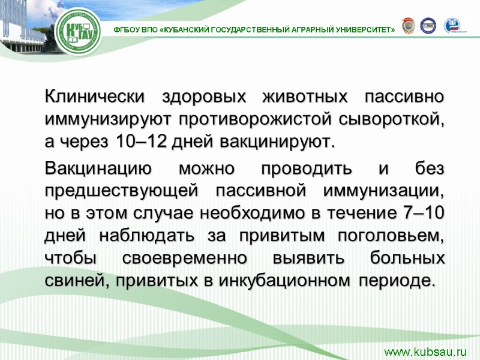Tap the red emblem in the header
point(408,26)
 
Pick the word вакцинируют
point(274,142)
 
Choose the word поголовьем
point(394,236)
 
